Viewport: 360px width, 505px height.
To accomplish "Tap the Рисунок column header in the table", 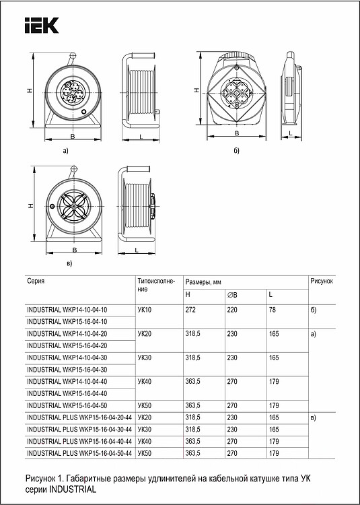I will point(322,279).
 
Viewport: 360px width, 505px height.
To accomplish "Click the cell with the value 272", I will point(192,309).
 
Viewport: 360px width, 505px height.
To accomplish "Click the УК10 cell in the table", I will point(144,309).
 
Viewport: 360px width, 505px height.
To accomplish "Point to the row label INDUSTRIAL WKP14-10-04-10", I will point(67,309).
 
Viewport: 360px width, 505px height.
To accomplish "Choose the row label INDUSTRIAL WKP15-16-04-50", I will point(67,406).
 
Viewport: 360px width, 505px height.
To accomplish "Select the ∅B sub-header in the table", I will point(233,295).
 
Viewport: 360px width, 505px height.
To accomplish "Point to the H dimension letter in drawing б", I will point(195,90).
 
